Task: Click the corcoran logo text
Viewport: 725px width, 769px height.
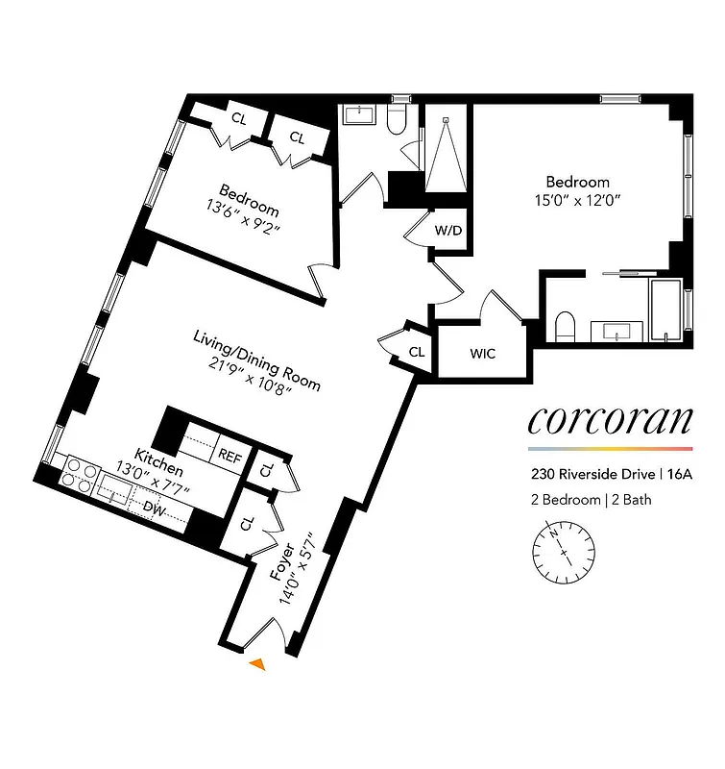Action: [610, 421]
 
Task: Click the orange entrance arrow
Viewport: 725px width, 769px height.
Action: [257, 663]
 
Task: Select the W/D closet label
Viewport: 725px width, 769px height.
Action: [447, 231]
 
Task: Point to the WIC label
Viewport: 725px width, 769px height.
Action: [483, 353]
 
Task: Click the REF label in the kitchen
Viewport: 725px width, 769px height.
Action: [230, 455]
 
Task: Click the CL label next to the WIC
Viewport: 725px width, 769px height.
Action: [417, 352]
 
